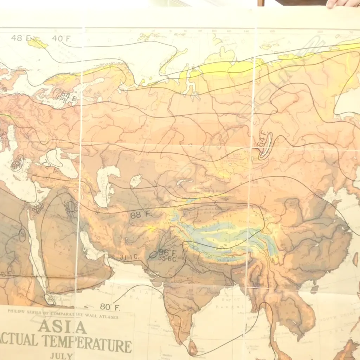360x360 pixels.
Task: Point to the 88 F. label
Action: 140,214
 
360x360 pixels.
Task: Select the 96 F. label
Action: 167,252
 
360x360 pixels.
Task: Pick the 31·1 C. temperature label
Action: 128,257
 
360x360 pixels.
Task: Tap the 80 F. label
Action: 110,307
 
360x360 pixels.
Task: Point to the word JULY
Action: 61,356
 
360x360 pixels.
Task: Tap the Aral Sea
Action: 136,181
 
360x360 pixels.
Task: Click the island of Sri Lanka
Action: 193,348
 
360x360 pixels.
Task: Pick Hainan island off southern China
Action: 314,289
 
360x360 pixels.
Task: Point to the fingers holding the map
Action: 343,4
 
